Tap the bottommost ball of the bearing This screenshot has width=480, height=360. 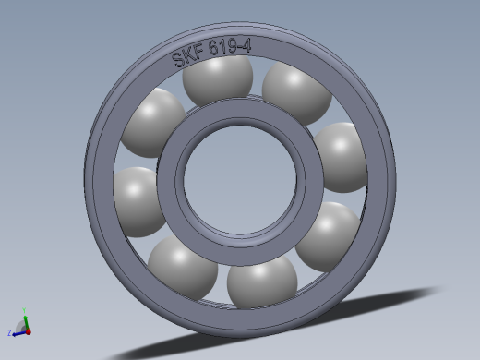262,282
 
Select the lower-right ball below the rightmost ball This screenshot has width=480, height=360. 329,234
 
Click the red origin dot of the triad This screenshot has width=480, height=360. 27,330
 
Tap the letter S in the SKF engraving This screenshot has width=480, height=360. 178,60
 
